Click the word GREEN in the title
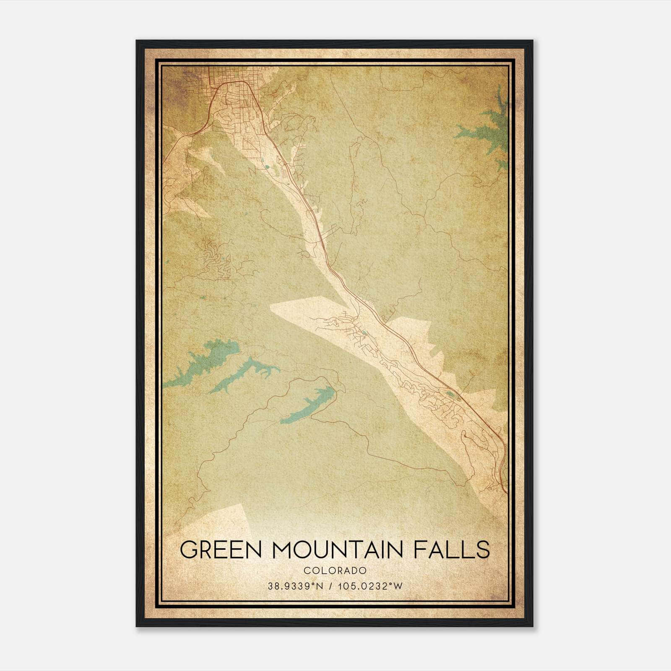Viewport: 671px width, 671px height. tap(216, 549)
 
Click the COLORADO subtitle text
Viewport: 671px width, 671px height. tap(335, 571)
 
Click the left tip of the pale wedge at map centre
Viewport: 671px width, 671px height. tap(273, 309)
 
